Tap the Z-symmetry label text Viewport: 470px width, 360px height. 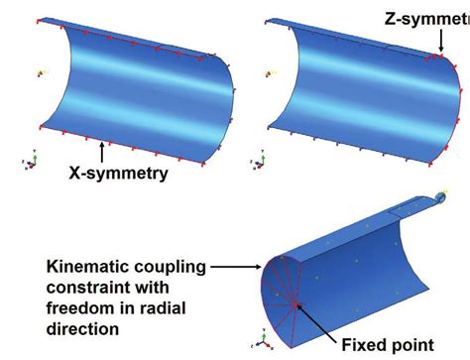pyautogui.click(x=427, y=17)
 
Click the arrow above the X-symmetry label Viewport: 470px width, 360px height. pyautogui.click(x=102, y=153)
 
